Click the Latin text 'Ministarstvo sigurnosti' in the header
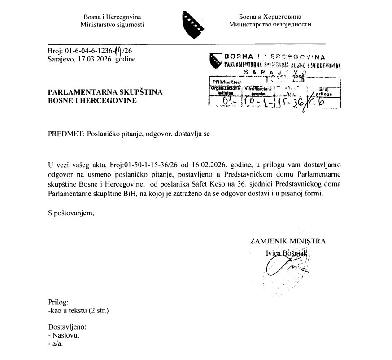[x=112, y=25]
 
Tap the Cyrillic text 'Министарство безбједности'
[x=270, y=25]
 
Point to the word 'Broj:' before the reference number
[x=56, y=51]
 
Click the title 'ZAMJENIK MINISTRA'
[x=287, y=241]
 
